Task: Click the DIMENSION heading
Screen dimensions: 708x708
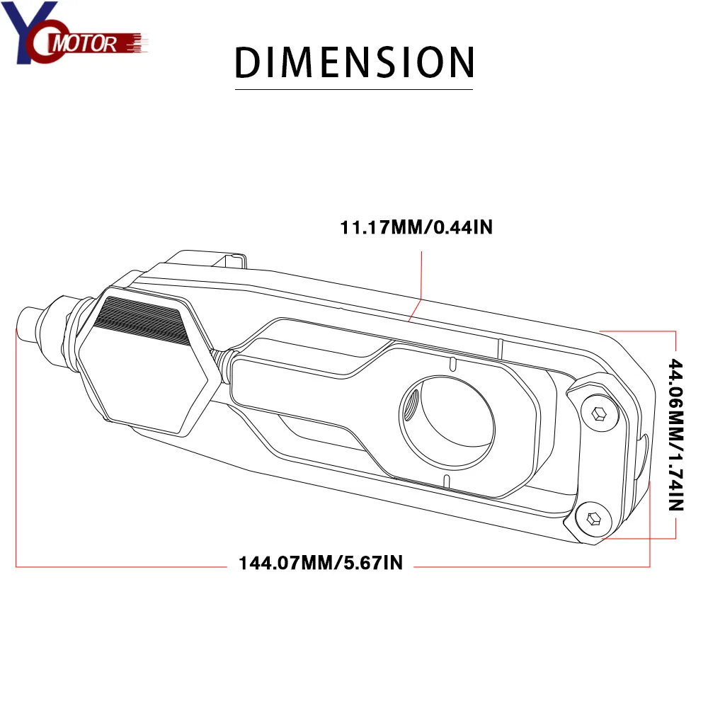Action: pos(355,62)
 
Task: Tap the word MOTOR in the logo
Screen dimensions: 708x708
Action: pos(85,44)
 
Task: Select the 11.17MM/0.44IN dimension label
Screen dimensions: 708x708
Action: pos(416,227)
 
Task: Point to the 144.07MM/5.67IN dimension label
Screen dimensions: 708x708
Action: pos(321,563)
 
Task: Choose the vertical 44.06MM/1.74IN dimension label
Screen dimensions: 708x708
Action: pos(676,435)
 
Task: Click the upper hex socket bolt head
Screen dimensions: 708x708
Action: pos(599,413)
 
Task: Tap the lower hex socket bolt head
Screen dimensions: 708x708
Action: pos(593,518)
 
